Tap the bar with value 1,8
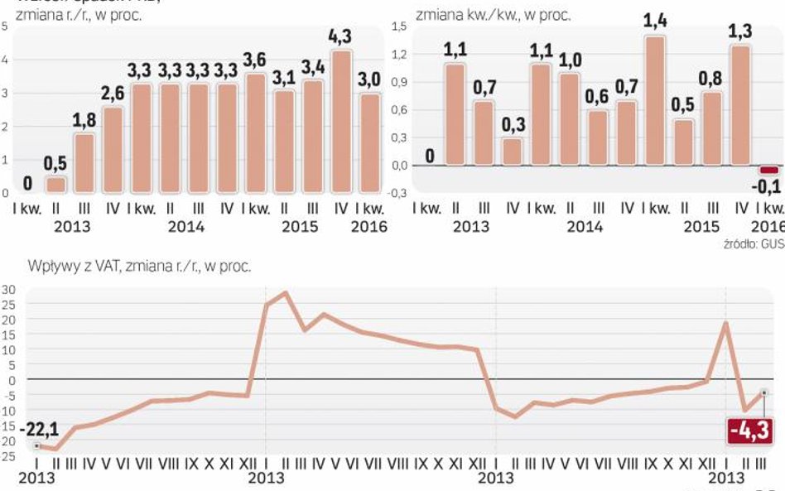point(84,163)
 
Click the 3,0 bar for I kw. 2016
point(369,143)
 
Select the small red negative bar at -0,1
point(768,170)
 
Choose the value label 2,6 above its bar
point(112,94)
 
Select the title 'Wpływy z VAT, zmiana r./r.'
point(139,267)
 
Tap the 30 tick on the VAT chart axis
point(8,290)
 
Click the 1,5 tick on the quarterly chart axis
point(398,27)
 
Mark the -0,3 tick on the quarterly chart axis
point(397,193)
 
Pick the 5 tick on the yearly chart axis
point(6,26)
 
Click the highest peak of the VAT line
point(286,292)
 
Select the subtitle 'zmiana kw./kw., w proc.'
point(493,15)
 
